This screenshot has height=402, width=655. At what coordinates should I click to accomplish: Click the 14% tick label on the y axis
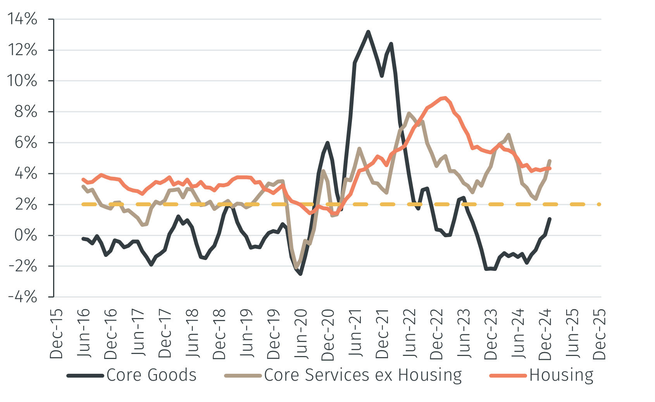[22, 19]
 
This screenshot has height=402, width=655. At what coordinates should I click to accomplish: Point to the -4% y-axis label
[22, 297]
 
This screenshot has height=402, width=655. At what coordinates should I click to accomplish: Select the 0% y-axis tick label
[26, 235]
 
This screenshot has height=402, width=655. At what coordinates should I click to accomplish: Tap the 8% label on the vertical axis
[26, 111]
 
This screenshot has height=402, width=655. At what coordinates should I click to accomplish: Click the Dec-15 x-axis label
[57, 334]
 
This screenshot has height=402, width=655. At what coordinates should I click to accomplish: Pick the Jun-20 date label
[301, 334]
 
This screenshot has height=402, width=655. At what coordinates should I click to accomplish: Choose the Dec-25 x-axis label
[599, 334]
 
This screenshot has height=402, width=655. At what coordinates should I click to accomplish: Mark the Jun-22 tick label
[409, 334]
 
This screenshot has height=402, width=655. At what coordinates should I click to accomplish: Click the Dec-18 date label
[219, 334]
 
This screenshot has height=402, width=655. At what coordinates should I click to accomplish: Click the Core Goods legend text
[151, 375]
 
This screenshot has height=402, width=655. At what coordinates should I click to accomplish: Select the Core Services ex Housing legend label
[363, 375]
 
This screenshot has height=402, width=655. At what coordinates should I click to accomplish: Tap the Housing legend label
[561, 375]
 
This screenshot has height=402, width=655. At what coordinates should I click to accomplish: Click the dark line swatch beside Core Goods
[85, 376]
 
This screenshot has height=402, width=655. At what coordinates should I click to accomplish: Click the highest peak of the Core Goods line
[368, 32]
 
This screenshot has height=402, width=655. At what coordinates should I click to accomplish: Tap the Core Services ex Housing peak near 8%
[409, 113]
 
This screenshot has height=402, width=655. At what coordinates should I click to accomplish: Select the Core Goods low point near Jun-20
[300, 274]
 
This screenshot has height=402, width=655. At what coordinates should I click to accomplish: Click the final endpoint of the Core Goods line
[550, 219]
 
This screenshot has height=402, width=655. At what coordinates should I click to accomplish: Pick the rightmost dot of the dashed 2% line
[599, 204]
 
